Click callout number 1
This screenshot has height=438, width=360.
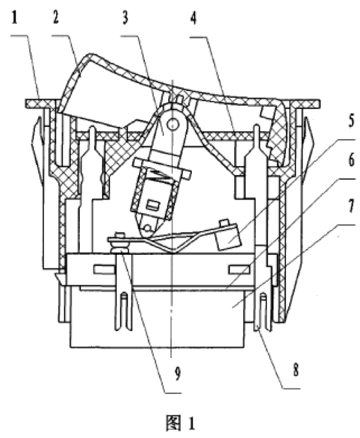[14, 18]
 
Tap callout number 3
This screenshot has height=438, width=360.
[125, 18]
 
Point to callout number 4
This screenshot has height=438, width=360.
[193, 18]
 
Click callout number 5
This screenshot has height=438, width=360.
[351, 121]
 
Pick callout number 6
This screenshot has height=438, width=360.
[351, 161]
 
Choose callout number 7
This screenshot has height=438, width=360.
[351, 206]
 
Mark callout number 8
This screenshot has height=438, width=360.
[296, 369]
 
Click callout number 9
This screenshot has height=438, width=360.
[178, 374]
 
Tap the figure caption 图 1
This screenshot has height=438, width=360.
[180, 423]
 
